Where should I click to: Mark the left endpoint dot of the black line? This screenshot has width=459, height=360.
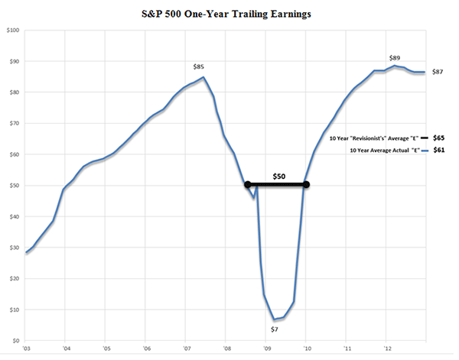click(247, 184)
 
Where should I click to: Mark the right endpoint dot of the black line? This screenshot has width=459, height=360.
click(306, 184)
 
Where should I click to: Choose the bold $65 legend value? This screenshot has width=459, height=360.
click(438, 137)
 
